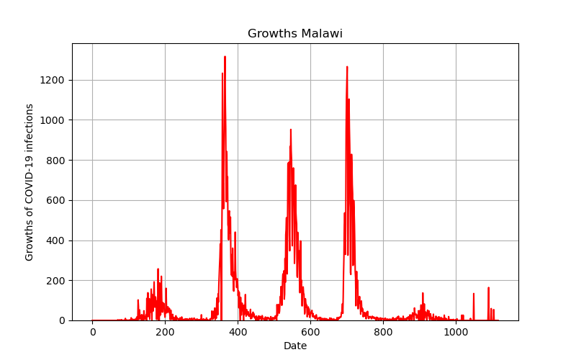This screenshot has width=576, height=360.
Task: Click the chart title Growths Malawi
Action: click(295, 33)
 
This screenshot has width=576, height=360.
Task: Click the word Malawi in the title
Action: click(322, 33)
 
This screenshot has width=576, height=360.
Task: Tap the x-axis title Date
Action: click(295, 346)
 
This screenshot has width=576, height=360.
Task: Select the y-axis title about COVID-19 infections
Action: click(29, 182)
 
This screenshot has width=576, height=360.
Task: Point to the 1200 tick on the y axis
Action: click(52, 80)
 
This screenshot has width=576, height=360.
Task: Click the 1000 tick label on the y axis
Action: click(52, 120)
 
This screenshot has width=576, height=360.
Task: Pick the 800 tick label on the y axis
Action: click(55, 161)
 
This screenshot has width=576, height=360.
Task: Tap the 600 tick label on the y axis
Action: click(55, 201)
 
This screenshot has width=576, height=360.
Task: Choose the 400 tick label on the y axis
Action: click(55, 240)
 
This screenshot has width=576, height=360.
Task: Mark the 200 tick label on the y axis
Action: click(55, 281)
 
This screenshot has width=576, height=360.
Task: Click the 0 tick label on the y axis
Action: click(62, 320)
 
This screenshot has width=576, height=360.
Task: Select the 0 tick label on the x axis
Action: click(93, 332)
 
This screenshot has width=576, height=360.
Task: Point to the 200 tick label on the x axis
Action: click(165, 332)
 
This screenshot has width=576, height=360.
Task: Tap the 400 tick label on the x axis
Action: click(238, 332)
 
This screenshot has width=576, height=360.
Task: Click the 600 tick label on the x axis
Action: click(310, 332)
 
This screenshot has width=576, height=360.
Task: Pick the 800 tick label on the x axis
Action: click(383, 332)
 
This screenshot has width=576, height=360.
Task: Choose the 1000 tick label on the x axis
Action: click(456, 332)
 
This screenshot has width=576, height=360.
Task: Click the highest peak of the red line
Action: click(225, 57)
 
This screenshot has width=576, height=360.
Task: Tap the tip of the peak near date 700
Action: click(347, 67)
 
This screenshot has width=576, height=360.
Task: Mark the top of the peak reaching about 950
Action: click(291, 130)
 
